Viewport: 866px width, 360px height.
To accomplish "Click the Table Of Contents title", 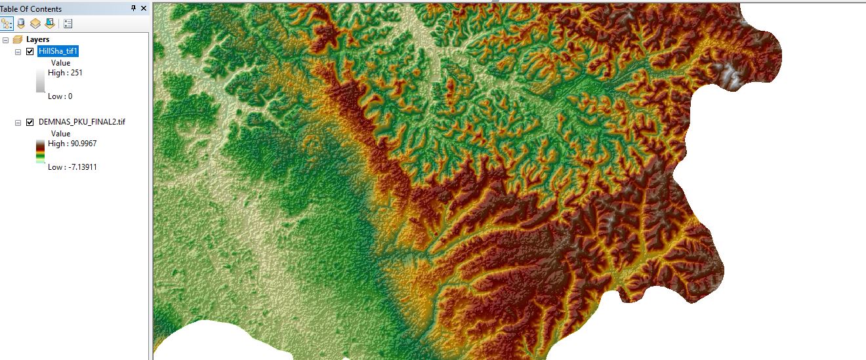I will (x=31, y=9).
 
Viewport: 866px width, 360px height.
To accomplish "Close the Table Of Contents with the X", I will (x=144, y=8).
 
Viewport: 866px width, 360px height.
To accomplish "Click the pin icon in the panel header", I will (x=134, y=8).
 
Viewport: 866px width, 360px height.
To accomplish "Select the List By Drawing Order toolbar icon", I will (x=7, y=24).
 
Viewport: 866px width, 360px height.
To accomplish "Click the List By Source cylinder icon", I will (x=21, y=24).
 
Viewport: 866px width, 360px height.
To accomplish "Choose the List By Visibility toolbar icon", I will (x=35, y=24).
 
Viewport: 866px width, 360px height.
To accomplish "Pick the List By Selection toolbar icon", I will (x=49, y=24).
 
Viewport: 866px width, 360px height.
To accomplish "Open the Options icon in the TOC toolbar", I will (x=68, y=24).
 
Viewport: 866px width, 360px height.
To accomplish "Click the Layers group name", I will (x=37, y=39).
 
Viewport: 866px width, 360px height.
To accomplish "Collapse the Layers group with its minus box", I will (x=6, y=39).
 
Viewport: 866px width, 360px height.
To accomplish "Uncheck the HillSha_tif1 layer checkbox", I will (x=30, y=52).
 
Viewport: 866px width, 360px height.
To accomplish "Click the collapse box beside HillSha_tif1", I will (x=18, y=52).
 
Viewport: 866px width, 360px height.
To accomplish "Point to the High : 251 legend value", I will (x=65, y=73).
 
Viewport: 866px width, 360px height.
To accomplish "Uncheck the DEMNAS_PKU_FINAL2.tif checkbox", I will (x=30, y=122).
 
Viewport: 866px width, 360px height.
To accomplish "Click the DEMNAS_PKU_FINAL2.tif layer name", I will (x=82, y=122).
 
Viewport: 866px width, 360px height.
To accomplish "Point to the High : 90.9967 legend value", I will (x=72, y=144).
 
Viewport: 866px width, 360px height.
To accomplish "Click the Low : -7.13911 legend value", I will (x=72, y=167).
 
